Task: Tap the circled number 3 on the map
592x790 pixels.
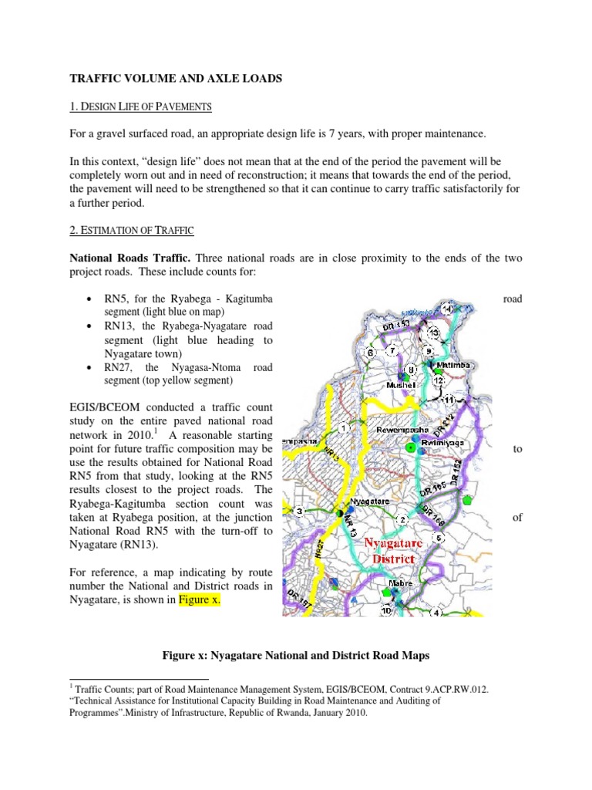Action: [300, 511]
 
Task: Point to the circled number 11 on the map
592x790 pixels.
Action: [449, 400]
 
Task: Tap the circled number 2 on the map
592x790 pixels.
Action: [402, 519]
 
